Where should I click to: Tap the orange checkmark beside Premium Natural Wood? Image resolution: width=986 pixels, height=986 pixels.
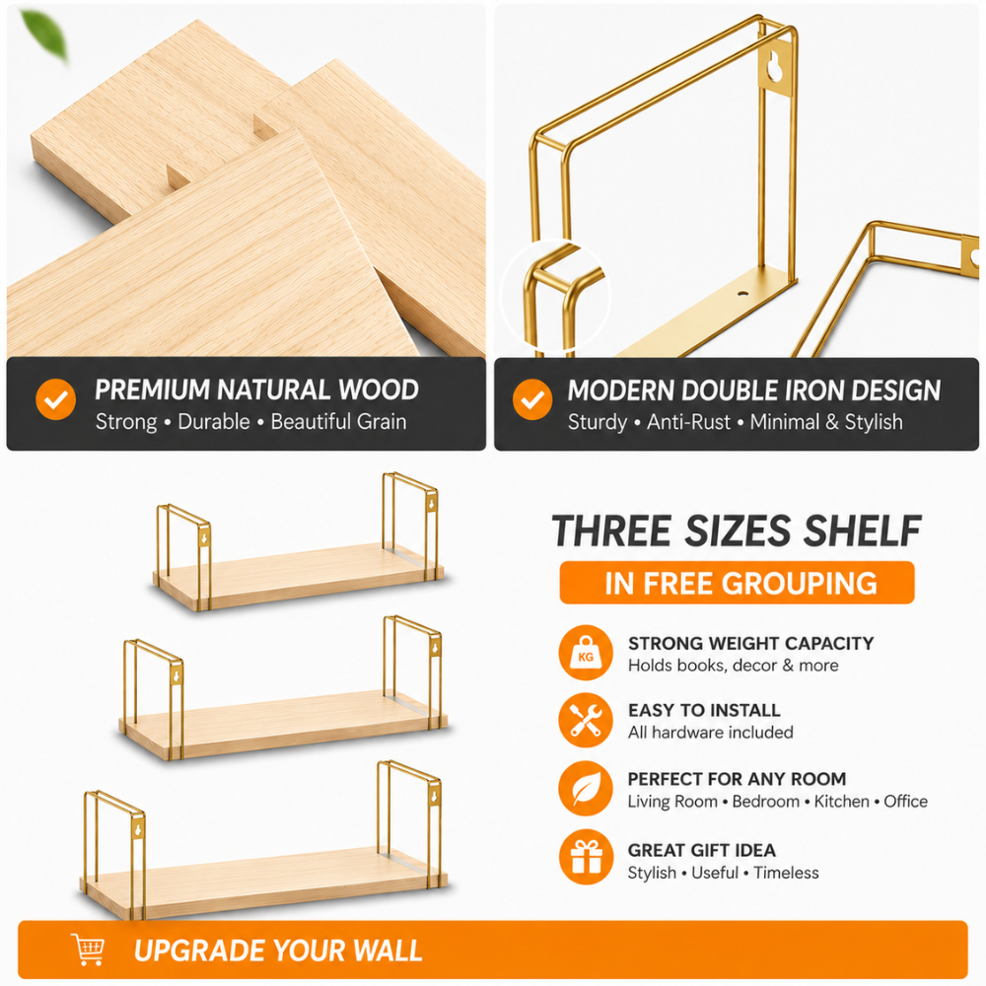(56, 398)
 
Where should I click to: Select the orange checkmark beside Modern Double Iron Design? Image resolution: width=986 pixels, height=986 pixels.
(532, 398)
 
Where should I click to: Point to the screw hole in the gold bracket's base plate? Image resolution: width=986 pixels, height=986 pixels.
(743, 294)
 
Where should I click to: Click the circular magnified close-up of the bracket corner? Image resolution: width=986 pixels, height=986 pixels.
(554, 296)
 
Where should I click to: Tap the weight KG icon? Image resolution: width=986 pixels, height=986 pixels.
(586, 653)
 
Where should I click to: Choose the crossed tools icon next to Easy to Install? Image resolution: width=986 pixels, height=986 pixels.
(586, 721)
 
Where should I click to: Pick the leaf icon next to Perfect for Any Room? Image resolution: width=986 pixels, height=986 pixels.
(586, 789)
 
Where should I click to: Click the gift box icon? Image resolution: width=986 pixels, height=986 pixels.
(586, 857)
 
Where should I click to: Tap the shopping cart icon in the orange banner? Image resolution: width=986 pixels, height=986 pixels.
(88, 950)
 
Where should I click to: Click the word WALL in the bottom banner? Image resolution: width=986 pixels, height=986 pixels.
(387, 951)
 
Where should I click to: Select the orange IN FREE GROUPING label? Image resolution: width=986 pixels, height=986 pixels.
(737, 583)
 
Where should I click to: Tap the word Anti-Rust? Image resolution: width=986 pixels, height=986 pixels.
(688, 421)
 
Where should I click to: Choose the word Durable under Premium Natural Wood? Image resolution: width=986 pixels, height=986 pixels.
(214, 421)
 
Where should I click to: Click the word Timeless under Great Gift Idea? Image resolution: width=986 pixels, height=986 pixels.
(786, 873)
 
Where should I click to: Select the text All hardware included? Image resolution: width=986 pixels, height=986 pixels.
(711, 733)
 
